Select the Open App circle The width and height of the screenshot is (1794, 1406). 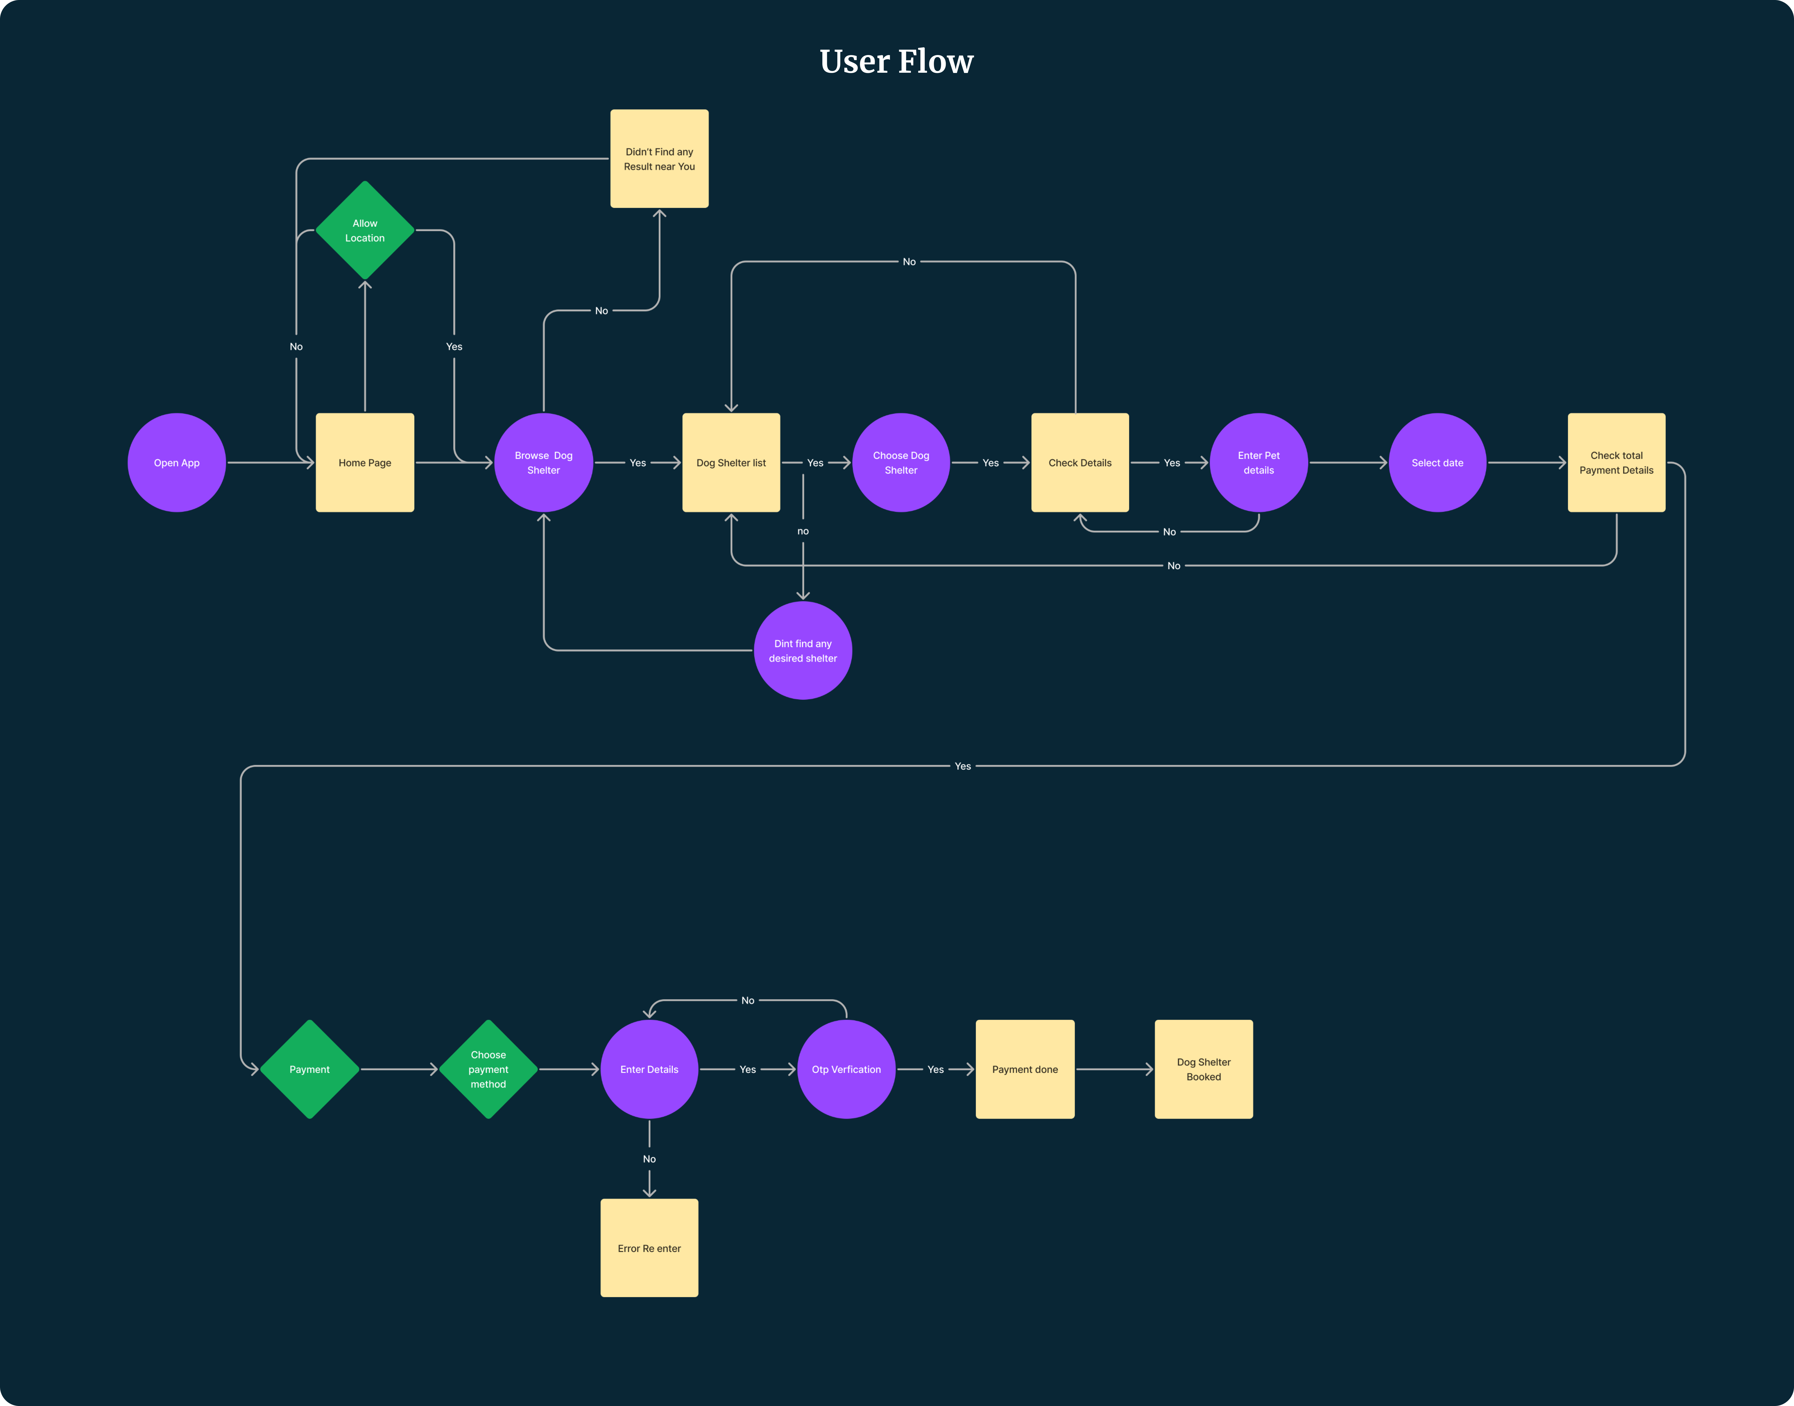click(176, 463)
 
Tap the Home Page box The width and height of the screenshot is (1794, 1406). click(365, 463)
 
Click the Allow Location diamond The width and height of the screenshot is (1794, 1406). click(365, 231)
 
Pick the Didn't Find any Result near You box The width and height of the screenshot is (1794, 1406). click(659, 159)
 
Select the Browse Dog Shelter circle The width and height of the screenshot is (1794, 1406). click(543, 463)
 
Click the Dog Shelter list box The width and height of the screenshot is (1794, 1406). click(730, 463)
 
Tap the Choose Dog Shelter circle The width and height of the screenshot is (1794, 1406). click(901, 463)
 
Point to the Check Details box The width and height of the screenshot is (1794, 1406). click(1079, 463)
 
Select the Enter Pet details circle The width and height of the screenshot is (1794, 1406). click(1258, 463)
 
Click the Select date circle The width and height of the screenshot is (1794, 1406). click(1437, 463)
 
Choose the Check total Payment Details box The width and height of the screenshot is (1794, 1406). click(1615, 463)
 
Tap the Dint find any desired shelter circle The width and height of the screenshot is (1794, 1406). click(803, 650)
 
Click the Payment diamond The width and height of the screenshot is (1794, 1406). click(310, 1069)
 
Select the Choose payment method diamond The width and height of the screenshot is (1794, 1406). click(488, 1069)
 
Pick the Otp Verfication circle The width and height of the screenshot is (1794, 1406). click(846, 1069)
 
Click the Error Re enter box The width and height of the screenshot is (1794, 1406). click(649, 1248)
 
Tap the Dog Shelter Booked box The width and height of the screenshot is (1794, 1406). click(1203, 1069)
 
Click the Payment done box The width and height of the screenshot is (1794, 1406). click(1024, 1069)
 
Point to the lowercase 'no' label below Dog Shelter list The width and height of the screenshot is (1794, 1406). click(803, 531)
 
